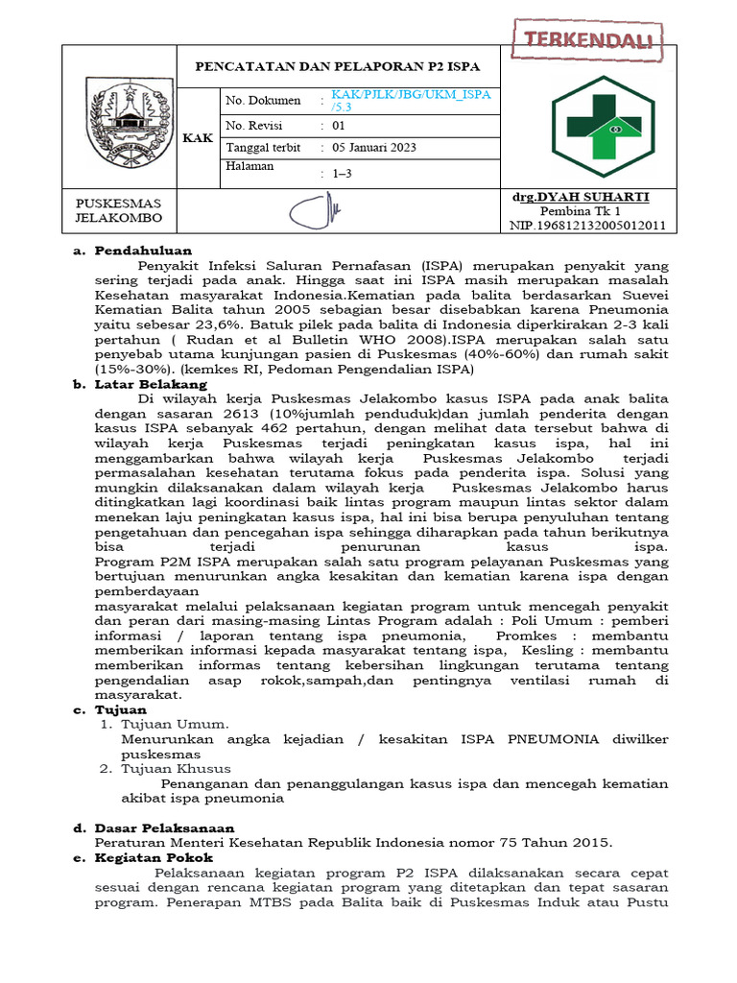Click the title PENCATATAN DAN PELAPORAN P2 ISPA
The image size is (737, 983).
pyautogui.click(x=337, y=66)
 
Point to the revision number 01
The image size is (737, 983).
pyautogui.click(x=339, y=126)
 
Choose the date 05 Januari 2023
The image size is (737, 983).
pyautogui.click(x=374, y=148)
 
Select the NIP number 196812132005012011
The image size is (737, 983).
pyautogui.click(x=586, y=227)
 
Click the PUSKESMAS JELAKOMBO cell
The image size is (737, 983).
pyautogui.click(x=119, y=210)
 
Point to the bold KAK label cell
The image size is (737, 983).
pyautogui.click(x=198, y=138)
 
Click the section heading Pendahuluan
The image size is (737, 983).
pyautogui.click(x=143, y=251)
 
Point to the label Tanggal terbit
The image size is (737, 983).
pyautogui.click(x=261, y=148)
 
